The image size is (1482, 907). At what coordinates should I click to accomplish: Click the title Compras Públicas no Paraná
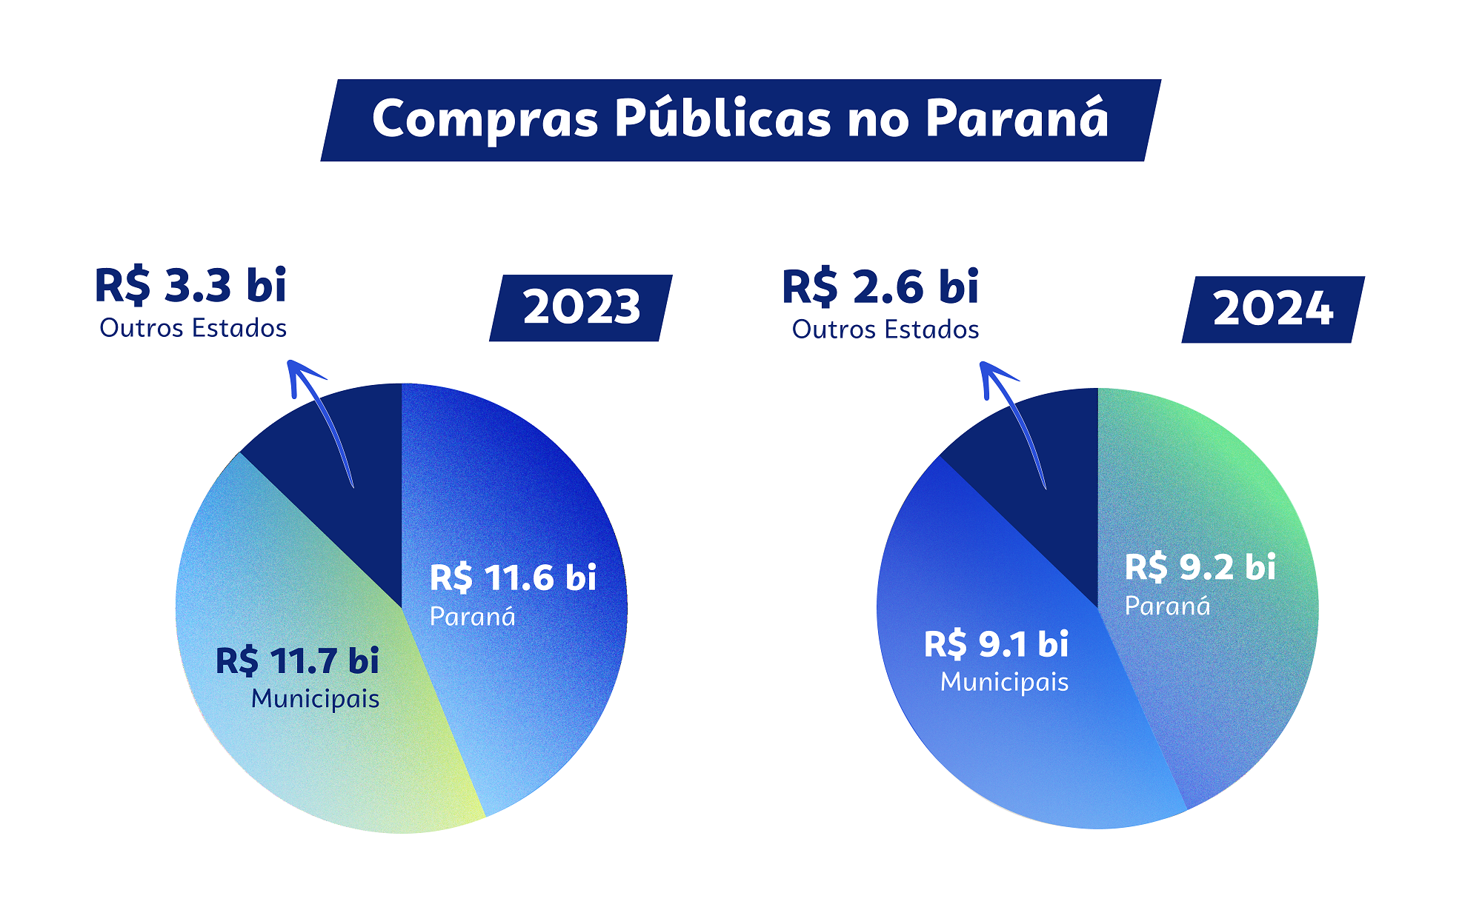click(x=740, y=118)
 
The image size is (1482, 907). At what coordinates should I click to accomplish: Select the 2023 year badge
click(x=581, y=308)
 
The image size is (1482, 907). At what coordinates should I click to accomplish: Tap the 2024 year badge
click(x=1273, y=309)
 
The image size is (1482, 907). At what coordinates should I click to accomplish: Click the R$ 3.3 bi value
click(x=190, y=286)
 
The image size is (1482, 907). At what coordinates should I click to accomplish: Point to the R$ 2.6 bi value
click(x=880, y=287)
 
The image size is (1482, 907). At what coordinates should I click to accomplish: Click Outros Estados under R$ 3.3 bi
click(x=193, y=328)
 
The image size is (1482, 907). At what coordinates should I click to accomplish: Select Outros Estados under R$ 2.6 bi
click(x=885, y=329)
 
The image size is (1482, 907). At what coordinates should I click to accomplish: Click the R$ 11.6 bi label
click(x=513, y=578)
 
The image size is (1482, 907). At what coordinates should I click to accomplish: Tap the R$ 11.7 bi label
click(x=297, y=660)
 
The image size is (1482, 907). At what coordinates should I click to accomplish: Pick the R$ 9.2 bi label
click(x=1200, y=567)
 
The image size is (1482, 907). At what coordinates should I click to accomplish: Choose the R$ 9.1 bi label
click(x=997, y=644)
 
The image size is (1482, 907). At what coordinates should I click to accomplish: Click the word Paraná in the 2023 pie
click(x=473, y=616)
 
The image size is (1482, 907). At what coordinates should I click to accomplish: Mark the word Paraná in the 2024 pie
click(x=1168, y=606)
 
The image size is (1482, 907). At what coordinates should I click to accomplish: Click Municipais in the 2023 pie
click(x=316, y=699)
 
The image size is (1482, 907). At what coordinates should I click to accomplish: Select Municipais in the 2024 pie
click(x=1005, y=682)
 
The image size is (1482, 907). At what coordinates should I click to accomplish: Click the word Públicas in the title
click(x=723, y=118)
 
